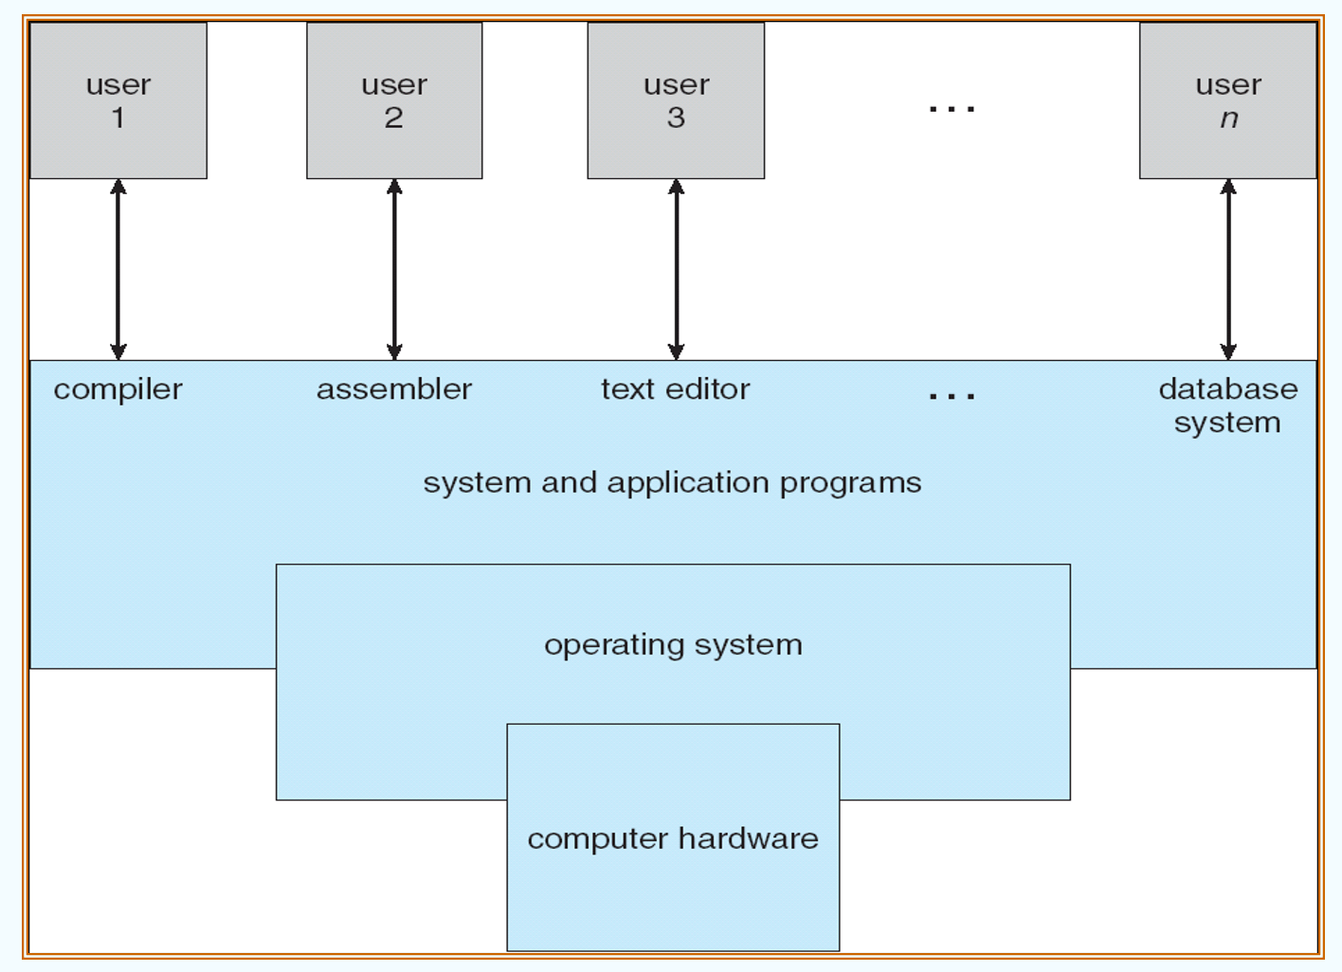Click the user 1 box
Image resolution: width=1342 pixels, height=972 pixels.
(x=118, y=100)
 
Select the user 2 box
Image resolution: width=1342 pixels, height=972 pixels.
(x=394, y=100)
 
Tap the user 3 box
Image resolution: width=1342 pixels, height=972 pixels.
(x=676, y=100)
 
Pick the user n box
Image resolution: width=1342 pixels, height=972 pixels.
(x=1227, y=100)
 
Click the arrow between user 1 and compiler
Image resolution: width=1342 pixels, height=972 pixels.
(x=118, y=270)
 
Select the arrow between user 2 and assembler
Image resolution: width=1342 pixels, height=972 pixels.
(x=394, y=270)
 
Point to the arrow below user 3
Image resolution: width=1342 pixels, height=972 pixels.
(x=676, y=270)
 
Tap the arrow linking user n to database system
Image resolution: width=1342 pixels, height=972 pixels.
(x=1228, y=270)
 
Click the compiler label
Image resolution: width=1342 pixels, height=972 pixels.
(x=118, y=389)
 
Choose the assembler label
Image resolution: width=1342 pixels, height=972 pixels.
(x=394, y=389)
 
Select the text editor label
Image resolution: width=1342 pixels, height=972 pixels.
(x=676, y=389)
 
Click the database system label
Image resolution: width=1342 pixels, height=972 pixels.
(x=1228, y=405)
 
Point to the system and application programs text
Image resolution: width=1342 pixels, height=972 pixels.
(x=672, y=483)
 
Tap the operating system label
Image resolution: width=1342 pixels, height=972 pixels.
(x=673, y=645)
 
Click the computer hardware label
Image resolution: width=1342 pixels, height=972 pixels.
(x=673, y=839)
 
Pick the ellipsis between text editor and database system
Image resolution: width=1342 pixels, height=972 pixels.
(x=952, y=396)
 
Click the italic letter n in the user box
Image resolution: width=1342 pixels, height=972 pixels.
(x=1229, y=119)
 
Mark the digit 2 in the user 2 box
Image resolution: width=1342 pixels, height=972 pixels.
(x=394, y=118)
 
